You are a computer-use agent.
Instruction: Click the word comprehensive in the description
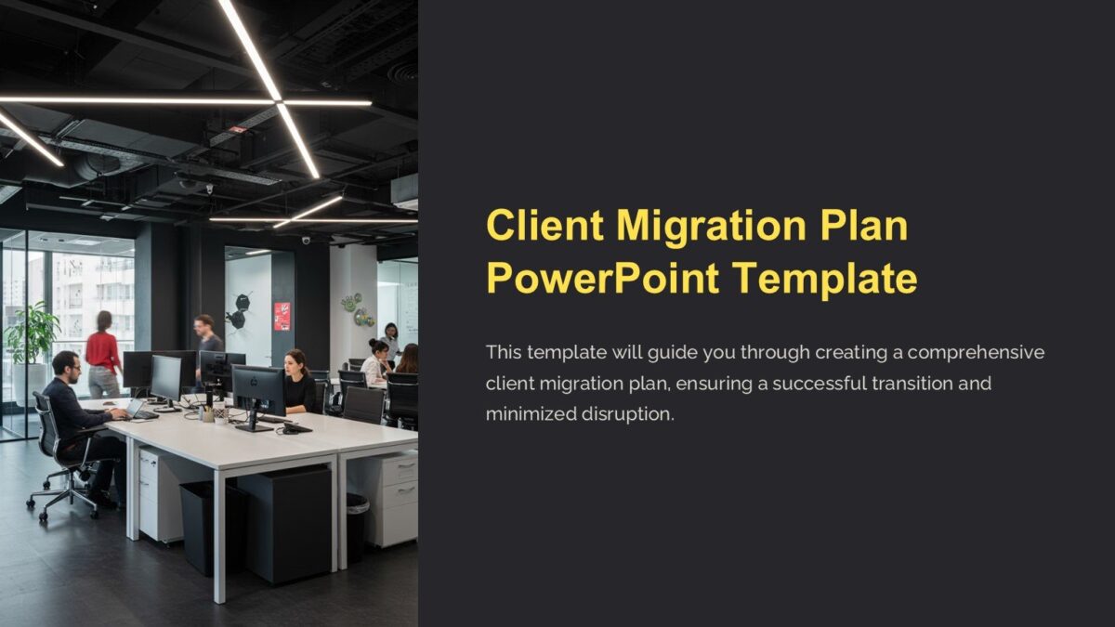pos(977,353)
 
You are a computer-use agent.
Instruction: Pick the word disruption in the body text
pos(627,414)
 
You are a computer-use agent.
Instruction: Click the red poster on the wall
pos(282,316)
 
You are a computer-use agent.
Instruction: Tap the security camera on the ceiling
pos(306,241)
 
